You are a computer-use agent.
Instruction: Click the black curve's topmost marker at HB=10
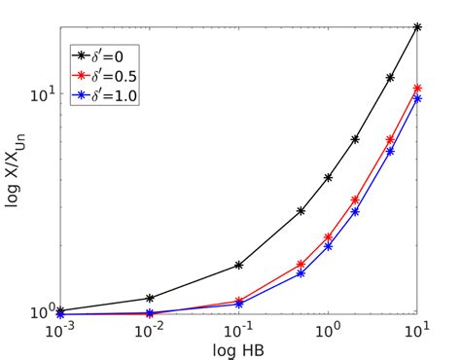[x=417, y=27]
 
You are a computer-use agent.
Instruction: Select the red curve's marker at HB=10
[x=417, y=89]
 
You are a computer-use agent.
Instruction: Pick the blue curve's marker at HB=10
[x=417, y=98]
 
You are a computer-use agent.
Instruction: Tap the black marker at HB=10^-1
[x=239, y=265]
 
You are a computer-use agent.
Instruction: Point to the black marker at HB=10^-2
[x=150, y=298]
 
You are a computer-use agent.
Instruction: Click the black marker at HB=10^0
[x=329, y=178]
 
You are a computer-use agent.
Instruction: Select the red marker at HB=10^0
[x=329, y=237]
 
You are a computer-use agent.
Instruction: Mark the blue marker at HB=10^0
[x=329, y=246]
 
